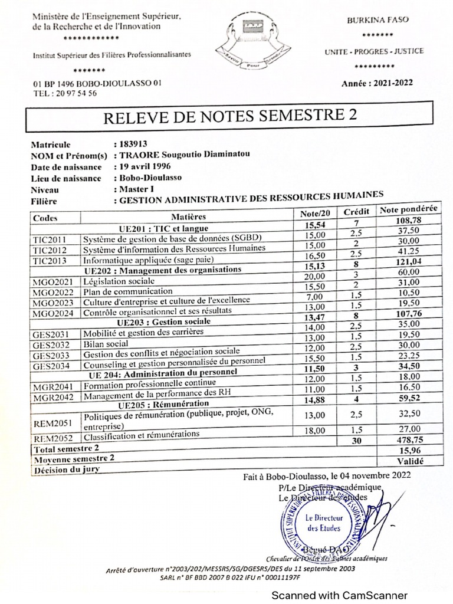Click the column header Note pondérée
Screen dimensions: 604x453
point(408,210)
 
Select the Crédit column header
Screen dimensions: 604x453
point(356,212)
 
